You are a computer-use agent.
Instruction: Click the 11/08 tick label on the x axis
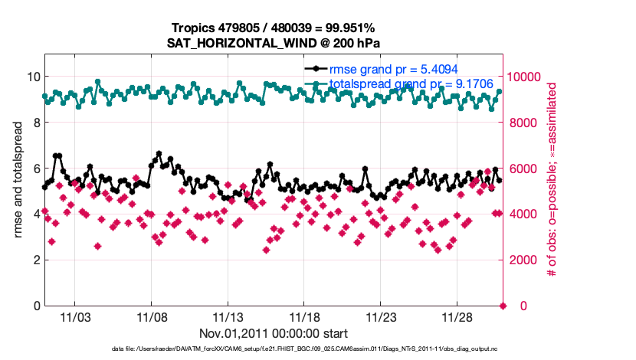pyautogui.click(x=151, y=317)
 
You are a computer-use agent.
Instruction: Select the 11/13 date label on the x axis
pyautogui.click(x=228, y=317)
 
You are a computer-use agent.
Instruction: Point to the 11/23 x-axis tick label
pyautogui.click(x=381, y=317)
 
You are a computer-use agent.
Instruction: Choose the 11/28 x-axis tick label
pyautogui.click(x=457, y=317)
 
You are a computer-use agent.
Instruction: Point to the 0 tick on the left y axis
pyautogui.click(x=35, y=306)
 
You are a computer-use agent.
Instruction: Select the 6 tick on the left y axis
pyautogui.click(x=35, y=169)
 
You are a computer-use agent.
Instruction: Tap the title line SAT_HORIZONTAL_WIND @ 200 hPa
pyautogui.click(x=274, y=43)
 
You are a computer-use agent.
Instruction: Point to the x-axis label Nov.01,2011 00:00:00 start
pyautogui.click(x=274, y=334)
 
